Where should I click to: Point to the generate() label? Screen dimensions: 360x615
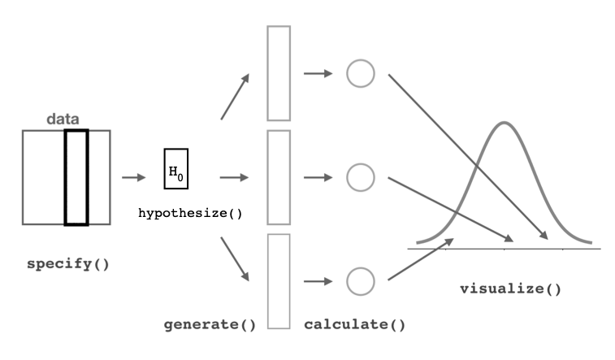click(x=210, y=325)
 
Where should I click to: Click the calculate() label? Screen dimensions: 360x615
click(x=354, y=325)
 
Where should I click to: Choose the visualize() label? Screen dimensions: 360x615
click(x=510, y=288)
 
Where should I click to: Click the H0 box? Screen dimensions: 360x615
click(x=176, y=169)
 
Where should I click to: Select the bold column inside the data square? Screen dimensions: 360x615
click(x=76, y=176)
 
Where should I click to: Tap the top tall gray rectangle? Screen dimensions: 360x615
click(x=279, y=72)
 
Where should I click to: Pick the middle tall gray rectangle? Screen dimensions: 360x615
click(x=279, y=177)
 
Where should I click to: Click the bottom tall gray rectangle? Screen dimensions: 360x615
click(x=279, y=281)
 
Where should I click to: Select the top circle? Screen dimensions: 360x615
click(x=361, y=73)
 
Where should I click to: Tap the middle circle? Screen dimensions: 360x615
click(x=361, y=177)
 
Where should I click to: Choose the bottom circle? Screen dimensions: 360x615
click(x=361, y=281)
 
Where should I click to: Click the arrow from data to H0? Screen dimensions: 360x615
click(x=134, y=176)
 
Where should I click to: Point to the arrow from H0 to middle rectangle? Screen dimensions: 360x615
click(x=232, y=176)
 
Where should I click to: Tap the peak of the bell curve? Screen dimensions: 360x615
click(x=505, y=124)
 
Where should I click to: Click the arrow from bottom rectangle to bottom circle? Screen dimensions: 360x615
click(x=318, y=281)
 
